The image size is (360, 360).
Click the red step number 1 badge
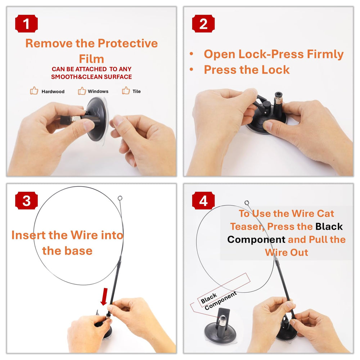(26, 23)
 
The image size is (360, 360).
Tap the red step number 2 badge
(203, 23)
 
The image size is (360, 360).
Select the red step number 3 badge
(26, 201)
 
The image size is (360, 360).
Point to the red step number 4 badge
(203, 201)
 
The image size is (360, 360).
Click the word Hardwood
(53, 91)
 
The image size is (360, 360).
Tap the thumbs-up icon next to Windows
(82, 91)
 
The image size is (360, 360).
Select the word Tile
(136, 91)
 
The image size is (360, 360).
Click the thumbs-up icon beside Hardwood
(34, 90)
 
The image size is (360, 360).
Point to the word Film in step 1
(91, 59)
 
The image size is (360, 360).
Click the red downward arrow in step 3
(104, 297)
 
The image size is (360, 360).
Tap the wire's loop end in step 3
(120, 198)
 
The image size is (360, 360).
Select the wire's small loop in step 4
(247, 203)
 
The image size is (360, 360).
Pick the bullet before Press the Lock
(192, 69)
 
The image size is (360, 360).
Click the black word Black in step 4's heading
(329, 226)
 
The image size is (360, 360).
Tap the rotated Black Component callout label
(219, 300)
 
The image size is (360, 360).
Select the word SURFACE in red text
(118, 77)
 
